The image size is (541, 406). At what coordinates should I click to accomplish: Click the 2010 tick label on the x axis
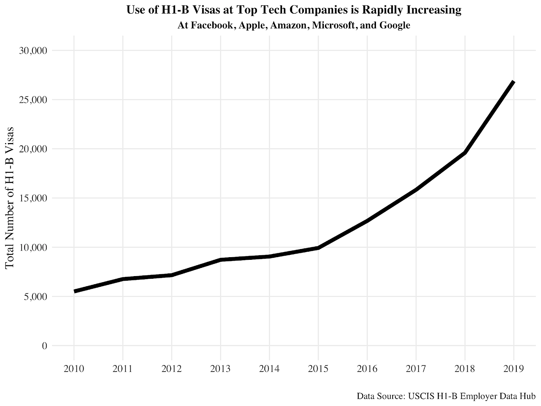[74, 369]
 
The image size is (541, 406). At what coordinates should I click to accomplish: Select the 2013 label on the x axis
[220, 369]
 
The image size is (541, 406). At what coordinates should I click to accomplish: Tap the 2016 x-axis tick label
[367, 369]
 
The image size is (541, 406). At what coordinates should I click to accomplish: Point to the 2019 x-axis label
[514, 369]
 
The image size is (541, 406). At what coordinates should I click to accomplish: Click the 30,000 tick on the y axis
[33, 51]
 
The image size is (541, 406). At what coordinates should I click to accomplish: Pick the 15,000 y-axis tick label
[33, 198]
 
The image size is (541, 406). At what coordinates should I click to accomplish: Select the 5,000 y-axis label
[35, 297]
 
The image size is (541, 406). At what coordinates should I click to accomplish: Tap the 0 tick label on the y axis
[44, 346]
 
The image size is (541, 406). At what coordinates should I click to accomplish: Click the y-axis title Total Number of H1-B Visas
[10, 198]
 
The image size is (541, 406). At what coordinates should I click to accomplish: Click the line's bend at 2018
[465, 153]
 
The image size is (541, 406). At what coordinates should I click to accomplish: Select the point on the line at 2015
[318, 248]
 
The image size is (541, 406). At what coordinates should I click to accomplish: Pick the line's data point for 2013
[220, 260]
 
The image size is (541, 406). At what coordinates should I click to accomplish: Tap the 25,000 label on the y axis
[33, 100]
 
